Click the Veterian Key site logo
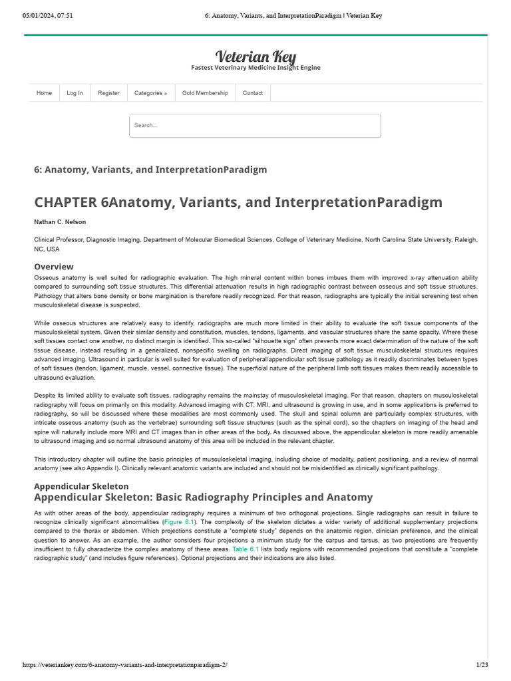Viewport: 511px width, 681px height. pos(255,56)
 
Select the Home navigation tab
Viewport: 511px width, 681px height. pos(44,93)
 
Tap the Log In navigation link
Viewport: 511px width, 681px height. pos(75,93)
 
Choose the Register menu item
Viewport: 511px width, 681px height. pos(108,93)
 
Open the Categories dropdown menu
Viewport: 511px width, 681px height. pos(150,93)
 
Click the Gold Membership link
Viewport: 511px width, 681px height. pos(205,93)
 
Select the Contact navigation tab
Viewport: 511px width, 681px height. pos(253,93)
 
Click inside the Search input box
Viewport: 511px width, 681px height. pos(255,126)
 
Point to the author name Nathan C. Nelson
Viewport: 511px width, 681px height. pos(60,222)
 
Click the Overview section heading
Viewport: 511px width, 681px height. pos(54,267)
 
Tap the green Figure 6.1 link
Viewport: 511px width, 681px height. pos(178,523)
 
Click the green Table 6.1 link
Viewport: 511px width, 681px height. pos(246,549)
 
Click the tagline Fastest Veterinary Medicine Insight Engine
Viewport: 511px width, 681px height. pos(255,68)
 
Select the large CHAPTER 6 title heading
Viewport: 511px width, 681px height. pos(238,202)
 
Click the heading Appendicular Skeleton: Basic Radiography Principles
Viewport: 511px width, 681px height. pos(203,497)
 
